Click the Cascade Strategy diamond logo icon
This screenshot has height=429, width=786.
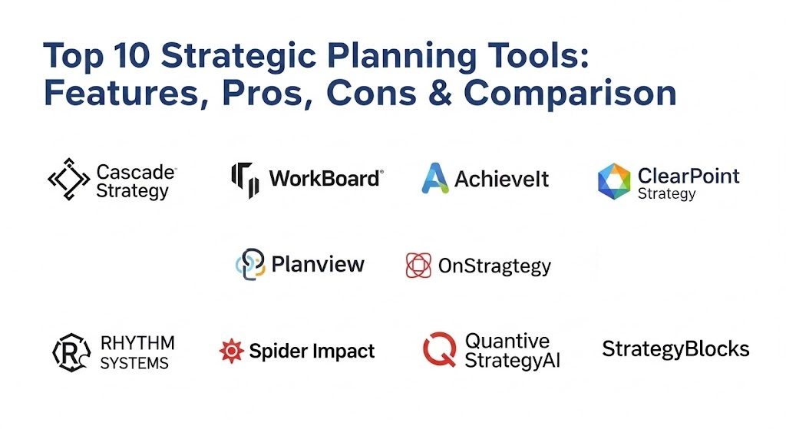point(68,180)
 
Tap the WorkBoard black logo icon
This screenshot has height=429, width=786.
point(245,180)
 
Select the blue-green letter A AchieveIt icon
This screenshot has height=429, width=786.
point(434,178)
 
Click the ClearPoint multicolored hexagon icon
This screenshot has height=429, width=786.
point(613,181)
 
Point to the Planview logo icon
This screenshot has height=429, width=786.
point(250,264)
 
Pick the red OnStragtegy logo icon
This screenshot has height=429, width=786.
point(418,265)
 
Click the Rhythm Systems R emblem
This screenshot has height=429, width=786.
point(71,352)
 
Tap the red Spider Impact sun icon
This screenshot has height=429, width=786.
point(232,351)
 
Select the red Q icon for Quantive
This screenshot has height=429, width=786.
point(440,349)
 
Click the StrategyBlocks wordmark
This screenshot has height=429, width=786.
point(675,349)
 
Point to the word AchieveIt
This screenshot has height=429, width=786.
point(501,179)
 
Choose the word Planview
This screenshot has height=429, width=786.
point(318,264)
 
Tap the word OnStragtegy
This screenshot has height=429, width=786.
point(495,266)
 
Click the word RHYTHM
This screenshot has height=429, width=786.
point(137,343)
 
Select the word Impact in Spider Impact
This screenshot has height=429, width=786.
point(343,351)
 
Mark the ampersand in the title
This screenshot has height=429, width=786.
point(441,93)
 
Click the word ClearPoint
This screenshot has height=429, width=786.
point(689,176)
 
